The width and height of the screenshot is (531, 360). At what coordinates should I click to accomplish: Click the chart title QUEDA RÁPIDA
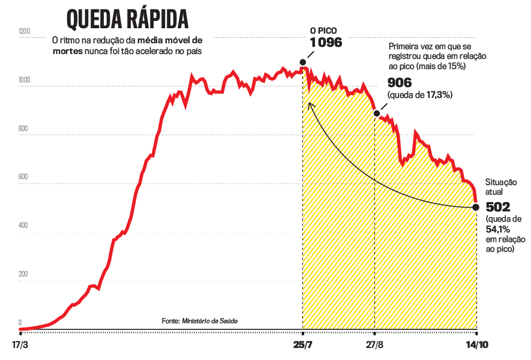click(x=127, y=19)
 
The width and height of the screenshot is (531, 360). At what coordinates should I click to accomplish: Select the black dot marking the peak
click(x=302, y=62)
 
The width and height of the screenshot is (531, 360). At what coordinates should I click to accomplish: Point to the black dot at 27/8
click(x=377, y=113)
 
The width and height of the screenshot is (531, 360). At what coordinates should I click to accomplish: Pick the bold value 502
click(x=498, y=208)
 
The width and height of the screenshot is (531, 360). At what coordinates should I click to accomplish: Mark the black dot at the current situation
click(x=476, y=208)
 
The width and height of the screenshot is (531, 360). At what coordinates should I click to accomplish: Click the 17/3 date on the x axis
click(x=20, y=346)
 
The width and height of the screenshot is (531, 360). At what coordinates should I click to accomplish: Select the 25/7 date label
click(x=303, y=346)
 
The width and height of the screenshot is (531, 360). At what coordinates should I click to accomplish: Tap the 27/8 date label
click(x=375, y=346)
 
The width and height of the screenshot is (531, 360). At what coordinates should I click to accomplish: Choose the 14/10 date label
click(x=477, y=346)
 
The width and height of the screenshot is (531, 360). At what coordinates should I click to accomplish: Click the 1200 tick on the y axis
click(x=25, y=31)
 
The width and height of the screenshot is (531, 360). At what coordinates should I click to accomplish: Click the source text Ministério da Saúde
click(x=209, y=322)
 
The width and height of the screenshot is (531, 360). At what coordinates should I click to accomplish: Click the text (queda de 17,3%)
click(x=420, y=95)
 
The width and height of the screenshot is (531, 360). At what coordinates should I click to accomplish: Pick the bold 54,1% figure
click(x=498, y=229)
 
